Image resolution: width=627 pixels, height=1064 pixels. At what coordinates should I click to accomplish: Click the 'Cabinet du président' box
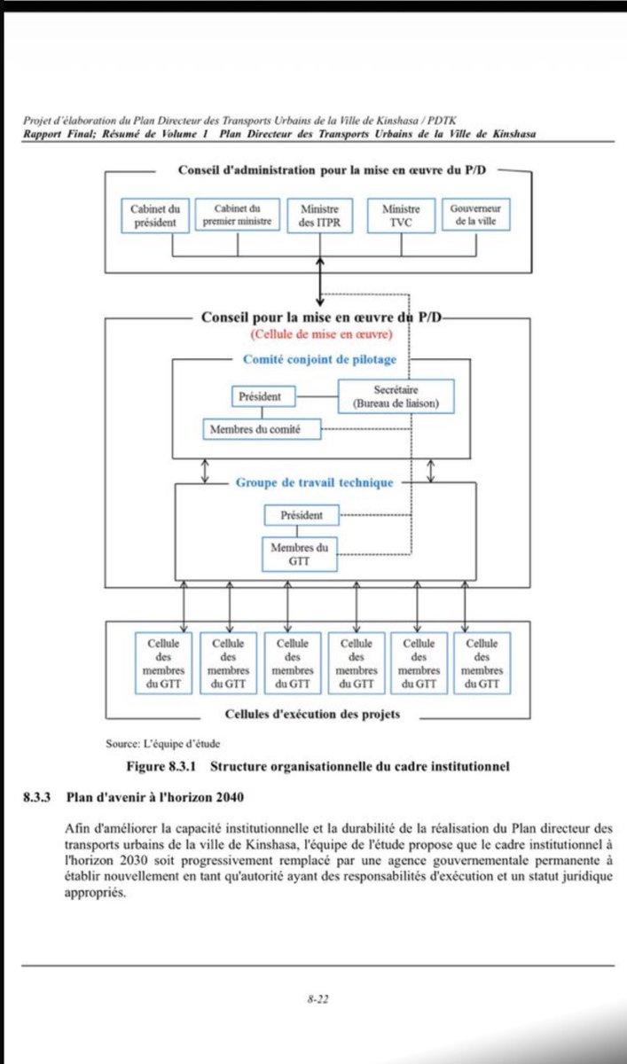coord(154,215)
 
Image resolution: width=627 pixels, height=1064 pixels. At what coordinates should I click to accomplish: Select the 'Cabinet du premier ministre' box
coord(237,215)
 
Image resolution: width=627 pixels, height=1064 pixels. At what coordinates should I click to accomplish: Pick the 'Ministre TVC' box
coord(400,215)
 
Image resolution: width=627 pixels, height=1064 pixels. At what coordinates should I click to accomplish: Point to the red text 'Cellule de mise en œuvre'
coord(321,334)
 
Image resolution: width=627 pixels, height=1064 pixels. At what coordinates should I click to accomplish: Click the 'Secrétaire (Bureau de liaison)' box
coord(396,396)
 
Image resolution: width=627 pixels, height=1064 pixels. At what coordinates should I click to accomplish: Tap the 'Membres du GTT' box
coord(301,555)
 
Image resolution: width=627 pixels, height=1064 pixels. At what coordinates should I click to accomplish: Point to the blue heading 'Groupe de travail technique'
coord(314,483)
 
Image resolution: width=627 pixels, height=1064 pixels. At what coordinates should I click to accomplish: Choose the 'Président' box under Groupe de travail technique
coord(302,514)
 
